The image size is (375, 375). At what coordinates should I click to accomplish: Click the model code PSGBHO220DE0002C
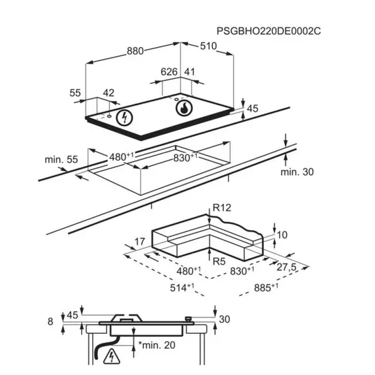(x=269, y=31)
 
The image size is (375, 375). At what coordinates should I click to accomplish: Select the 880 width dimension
(x=135, y=51)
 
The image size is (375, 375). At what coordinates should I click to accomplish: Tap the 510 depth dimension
(x=208, y=46)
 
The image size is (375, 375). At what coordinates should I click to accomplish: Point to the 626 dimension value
(x=169, y=72)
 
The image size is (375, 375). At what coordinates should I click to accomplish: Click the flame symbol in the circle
(x=184, y=108)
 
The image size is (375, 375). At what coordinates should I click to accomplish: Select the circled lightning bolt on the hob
(x=124, y=118)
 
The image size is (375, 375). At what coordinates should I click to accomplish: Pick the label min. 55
(x=61, y=159)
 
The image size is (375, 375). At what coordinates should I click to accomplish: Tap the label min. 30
(x=297, y=172)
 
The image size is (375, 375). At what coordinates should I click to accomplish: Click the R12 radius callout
(x=222, y=208)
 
